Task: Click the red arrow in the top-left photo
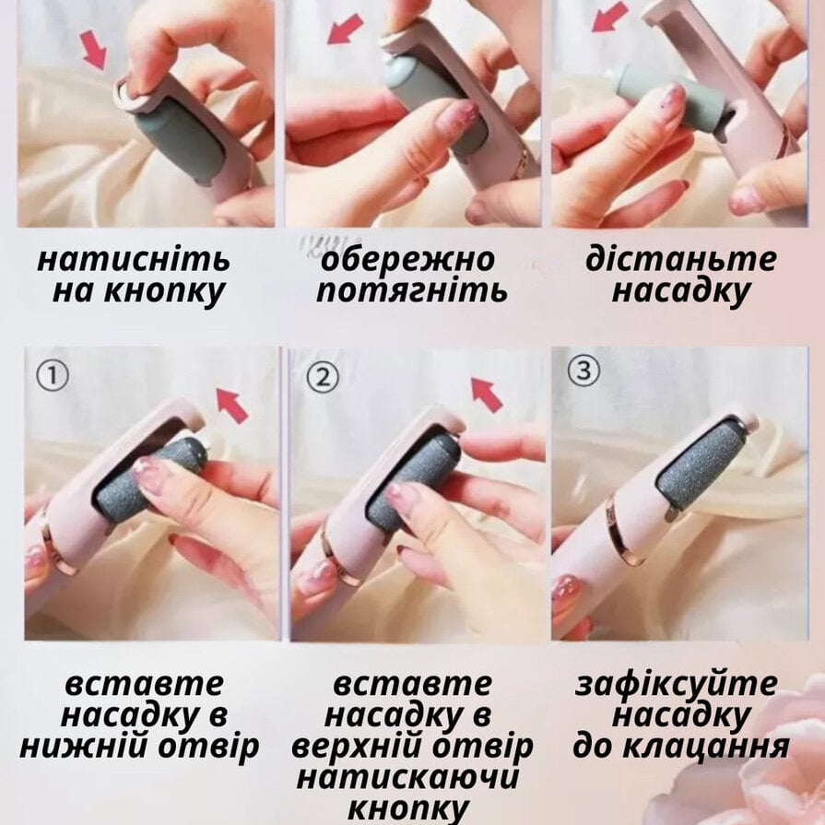coord(94,50)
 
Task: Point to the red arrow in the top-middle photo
coord(345,29)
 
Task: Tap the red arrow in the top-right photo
coord(608,17)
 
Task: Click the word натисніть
coord(134,260)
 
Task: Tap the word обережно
coord(408,260)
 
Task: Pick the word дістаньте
coord(681,259)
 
